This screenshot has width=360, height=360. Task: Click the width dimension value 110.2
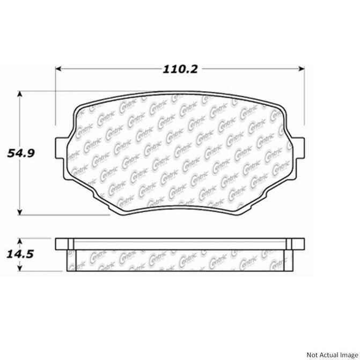179,69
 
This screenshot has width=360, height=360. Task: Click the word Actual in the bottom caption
324,354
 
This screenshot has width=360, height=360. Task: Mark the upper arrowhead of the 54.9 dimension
21,94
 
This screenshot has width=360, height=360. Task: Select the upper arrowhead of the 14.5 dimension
21,239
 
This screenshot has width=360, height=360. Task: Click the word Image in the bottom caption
344,354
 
